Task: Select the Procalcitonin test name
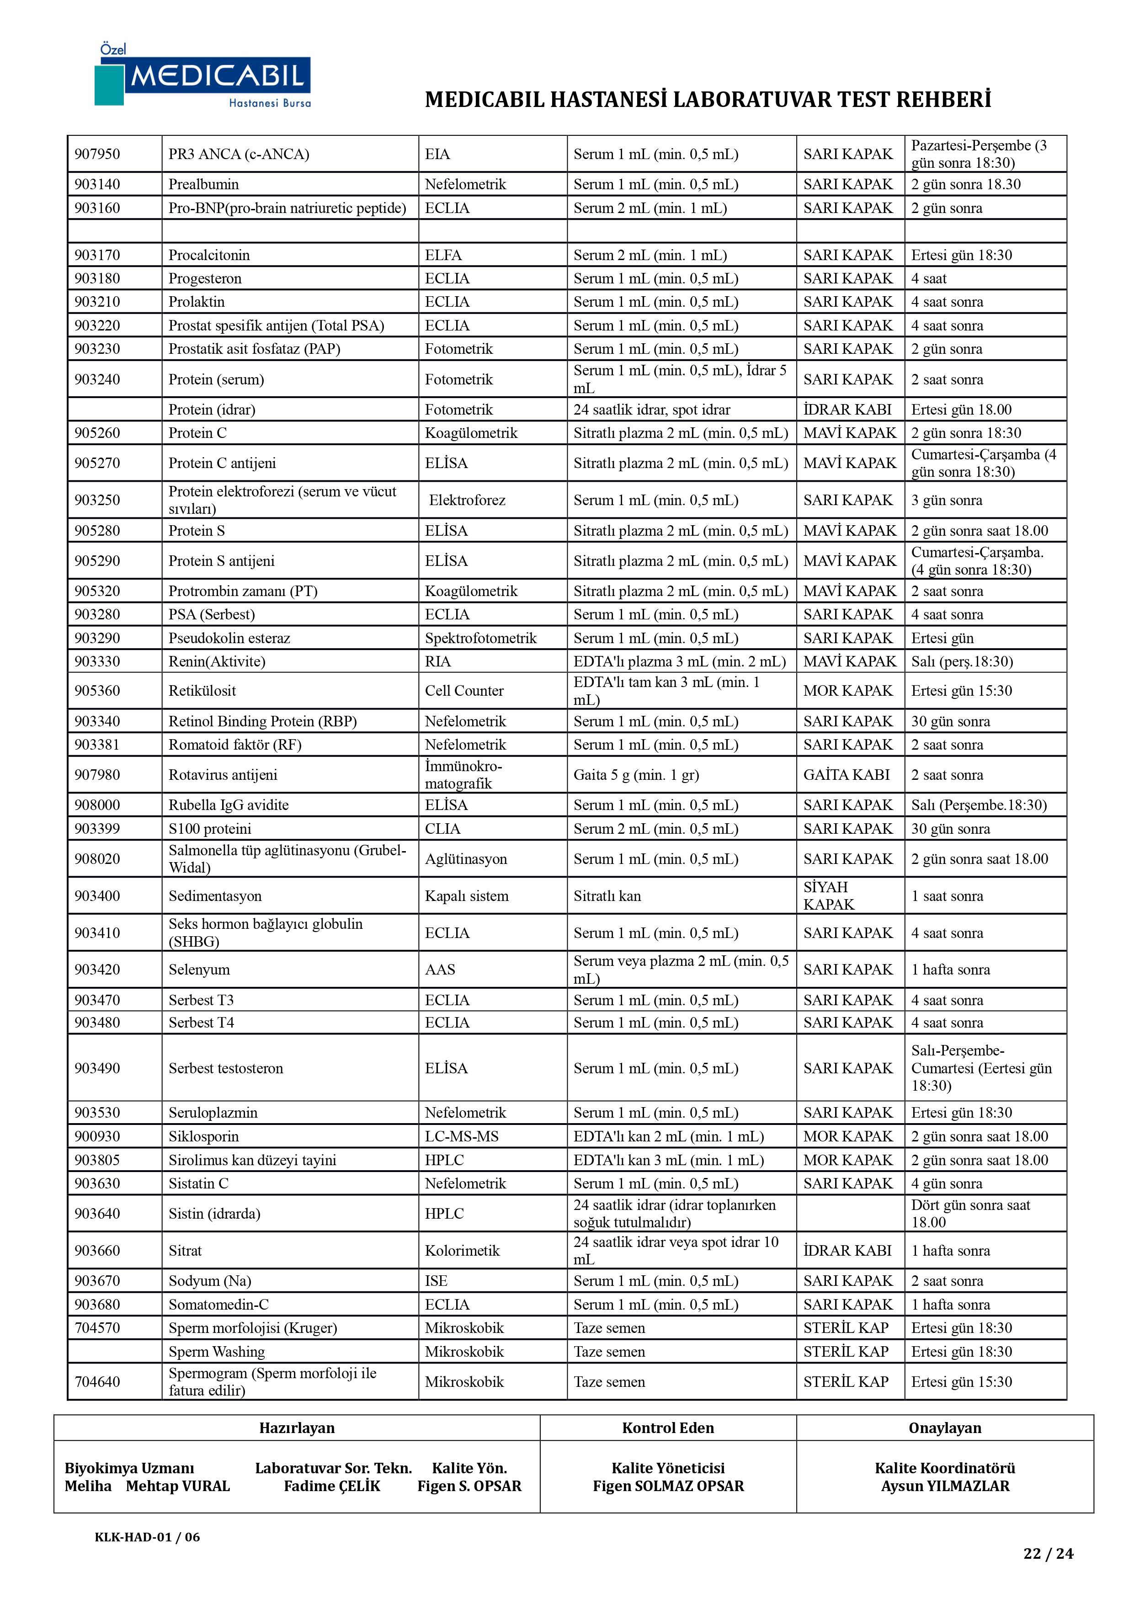pyautogui.click(x=209, y=255)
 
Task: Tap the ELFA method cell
pyautogui.click(x=443, y=255)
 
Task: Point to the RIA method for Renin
pyautogui.click(x=437, y=661)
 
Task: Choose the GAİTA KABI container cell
pyautogui.click(x=846, y=774)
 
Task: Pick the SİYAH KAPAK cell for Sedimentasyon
pyautogui.click(x=829, y=895)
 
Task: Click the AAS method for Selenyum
pyautogui.click(x=440, y=969)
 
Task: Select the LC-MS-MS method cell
pyautogui.click(x=461, y=1136)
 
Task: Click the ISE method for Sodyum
pyautogui.click(x=436, y=1280)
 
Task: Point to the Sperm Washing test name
pyautogui.click(x=217, y=1351)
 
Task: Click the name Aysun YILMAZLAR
pyautogui.click(x=945, y=1486)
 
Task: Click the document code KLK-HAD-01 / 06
pyautogui.click(x=148, y=1536)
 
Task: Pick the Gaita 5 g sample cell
pyautogui.click(x=636, y=774)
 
